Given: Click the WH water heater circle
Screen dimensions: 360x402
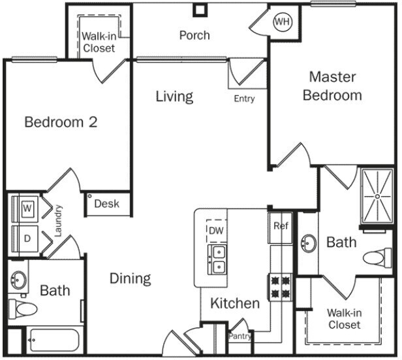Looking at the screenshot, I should pyautogui.click(x=282, y=22).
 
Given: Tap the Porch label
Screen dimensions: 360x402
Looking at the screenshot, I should pyautogui.click(x=194, y=35).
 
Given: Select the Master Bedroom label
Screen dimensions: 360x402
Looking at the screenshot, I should pyautogui.click(x=332, y=86).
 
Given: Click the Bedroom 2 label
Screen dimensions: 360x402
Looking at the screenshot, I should pyautogui.click(x=61, y=122).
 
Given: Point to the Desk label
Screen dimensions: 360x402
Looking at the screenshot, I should pyautogui.click(x=107, y=204).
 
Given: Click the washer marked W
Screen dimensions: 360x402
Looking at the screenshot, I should pyautogui.click(x=27, y=208).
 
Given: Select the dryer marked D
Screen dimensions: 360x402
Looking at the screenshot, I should pyautogui.click(x=27, y=238).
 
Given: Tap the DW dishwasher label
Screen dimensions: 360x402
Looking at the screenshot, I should pyautogui.click(x=216, y=231).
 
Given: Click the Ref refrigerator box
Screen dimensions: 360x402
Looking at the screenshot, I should pyautogui.click(x=281, y=227).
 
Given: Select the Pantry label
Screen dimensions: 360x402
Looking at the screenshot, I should pyautogui.click(x=240, y=336).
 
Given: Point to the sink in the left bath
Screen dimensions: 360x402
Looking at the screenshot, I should pyautogui.click(x=18, y=281).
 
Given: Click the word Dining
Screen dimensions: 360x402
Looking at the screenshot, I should pyautogui.click(x=130, y=278).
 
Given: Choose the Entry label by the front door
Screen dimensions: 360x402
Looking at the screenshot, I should pyautogui.click(x=244, y=99).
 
